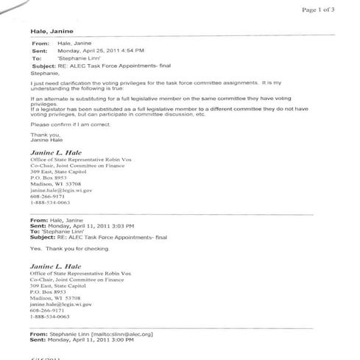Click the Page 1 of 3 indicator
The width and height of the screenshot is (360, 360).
[318, 10]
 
